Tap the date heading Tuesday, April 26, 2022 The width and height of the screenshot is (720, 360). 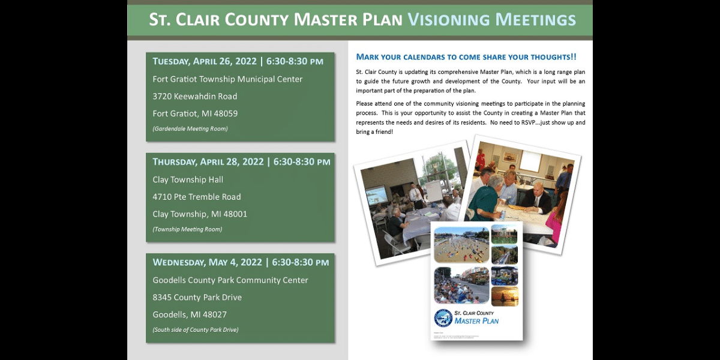tap(204, 61)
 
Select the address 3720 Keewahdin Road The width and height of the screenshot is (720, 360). tap(194, 96)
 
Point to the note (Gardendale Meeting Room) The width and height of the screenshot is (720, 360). tap(190, 128)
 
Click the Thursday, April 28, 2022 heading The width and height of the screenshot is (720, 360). tap(208, 162)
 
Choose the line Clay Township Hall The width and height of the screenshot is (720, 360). tap(188, 179)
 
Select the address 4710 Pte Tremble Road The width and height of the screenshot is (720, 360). tap(197, 197)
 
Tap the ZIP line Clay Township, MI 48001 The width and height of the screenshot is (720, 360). tap(200, 214)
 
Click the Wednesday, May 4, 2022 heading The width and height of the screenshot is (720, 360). tap(207, 262)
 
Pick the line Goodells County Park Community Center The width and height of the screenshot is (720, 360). tap(230, 280)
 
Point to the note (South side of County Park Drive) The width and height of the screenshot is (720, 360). tap(195, 329)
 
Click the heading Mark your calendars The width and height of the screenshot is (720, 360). tap(466, 57)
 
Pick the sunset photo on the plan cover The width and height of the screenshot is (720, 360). tap(504, 296)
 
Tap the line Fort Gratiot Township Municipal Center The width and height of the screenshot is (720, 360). tap(227, 79)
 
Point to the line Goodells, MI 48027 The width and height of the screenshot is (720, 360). tap(190, 314)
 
